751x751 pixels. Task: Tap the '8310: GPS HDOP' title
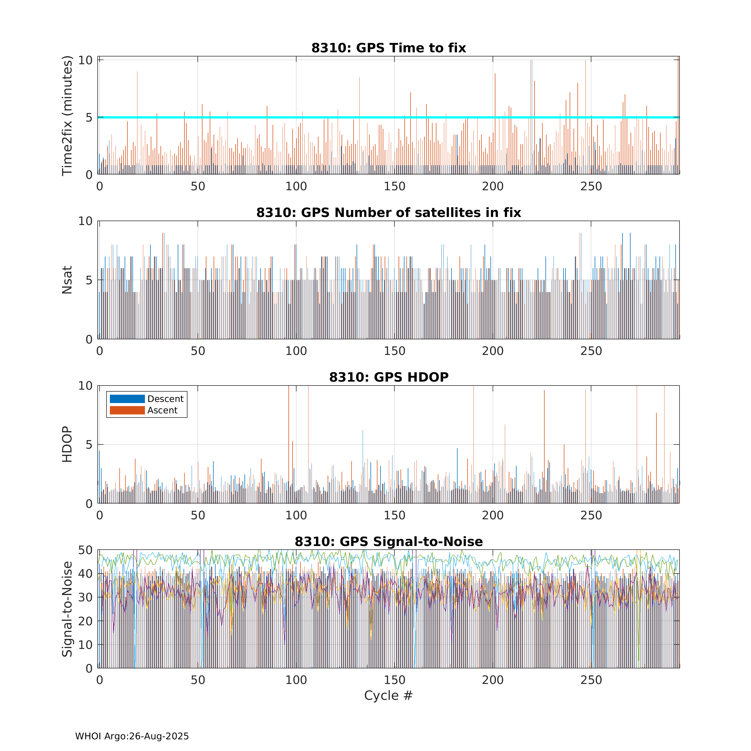[389, 377]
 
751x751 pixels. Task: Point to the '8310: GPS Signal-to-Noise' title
[389, 542]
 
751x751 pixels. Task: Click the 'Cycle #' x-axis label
[388, 695]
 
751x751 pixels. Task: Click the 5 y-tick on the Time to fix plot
[89, 117]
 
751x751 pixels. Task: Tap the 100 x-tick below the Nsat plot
[296, 351]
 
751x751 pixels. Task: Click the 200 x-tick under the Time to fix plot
[493, 187]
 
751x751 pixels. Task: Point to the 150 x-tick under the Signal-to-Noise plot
[394, 680]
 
